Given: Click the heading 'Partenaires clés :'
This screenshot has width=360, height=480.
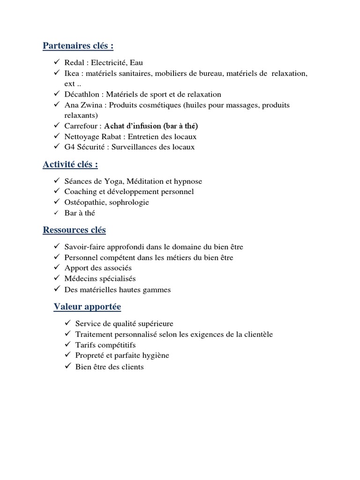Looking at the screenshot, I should click(78, 46).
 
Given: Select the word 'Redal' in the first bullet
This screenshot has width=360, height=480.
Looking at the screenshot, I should click(74, 62).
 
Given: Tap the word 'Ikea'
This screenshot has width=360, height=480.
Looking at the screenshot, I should click(72, 73).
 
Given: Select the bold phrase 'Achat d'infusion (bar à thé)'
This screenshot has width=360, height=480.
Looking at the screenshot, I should click(151, 126).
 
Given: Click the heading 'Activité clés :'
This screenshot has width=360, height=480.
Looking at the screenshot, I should click(70, 165).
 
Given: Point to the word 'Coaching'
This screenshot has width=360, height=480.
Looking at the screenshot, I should click(79, 192).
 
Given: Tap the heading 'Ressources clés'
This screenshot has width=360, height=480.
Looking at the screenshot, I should click(74, 230).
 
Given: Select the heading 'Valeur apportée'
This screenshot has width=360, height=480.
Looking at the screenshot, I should click(87, 307).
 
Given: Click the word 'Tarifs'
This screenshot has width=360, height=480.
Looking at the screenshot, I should click(86, 345).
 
